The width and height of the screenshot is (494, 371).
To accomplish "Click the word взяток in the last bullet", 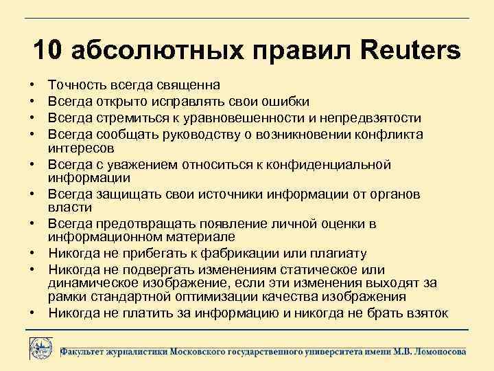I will [428, 313].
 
